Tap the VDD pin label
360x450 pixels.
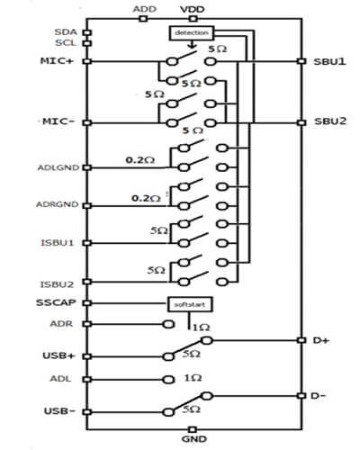(192, 9)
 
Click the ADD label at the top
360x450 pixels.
(143, 9)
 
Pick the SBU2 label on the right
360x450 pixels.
(329, 121)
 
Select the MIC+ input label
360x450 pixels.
(57, 61)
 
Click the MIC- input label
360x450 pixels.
(57, 121)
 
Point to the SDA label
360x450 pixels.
(65, 31)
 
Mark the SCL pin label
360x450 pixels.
(65, 42)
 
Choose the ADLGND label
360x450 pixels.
(58, 166)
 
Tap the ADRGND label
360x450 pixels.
(58, 204)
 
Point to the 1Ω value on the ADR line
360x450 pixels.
(202, 328)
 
